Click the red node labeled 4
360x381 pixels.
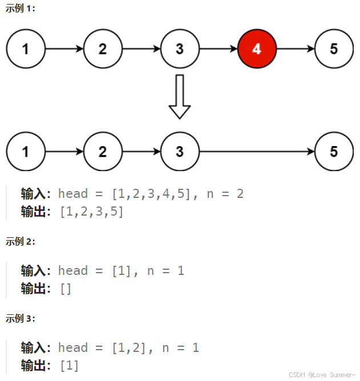257,48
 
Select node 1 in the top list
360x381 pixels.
26,48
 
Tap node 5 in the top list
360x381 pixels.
334,48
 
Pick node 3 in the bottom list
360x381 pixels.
180,152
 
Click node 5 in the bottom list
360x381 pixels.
334,152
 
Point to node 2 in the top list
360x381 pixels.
103,48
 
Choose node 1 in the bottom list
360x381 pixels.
26,152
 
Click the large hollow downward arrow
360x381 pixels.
180,96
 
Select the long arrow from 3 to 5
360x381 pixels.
257,152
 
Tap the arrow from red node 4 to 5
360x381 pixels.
295,48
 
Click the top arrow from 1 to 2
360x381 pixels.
64,48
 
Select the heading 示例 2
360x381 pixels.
20,241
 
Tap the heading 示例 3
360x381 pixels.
20,318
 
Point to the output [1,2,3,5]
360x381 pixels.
91,212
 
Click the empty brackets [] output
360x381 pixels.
66,289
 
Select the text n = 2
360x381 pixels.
225,194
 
